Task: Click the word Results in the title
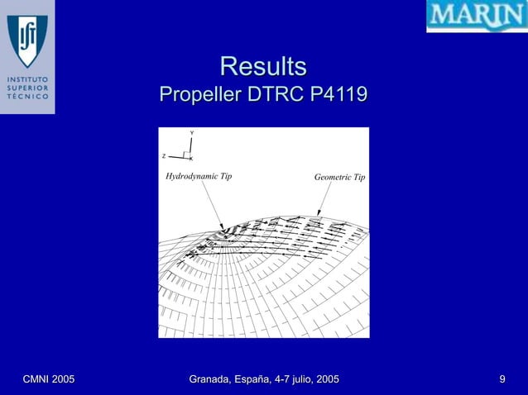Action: pyautogui.click(x=263, y=66)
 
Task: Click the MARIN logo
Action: pyautogui.click(x=476, y=16)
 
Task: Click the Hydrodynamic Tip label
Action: pyautogui.click(x=199, y=177)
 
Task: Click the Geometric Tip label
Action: pyautogui.click(x=339, y=178)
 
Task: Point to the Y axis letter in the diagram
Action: pyautogui.click(x=192, y=133)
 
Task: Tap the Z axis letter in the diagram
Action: pyautogui.click(x=164, y=155)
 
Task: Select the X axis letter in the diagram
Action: pyautogui.click(x=191, y=158)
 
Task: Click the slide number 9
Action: pyautogui.click(x=502, y=379)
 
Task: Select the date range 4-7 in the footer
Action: pyautogui.click(x=280, y=379)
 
